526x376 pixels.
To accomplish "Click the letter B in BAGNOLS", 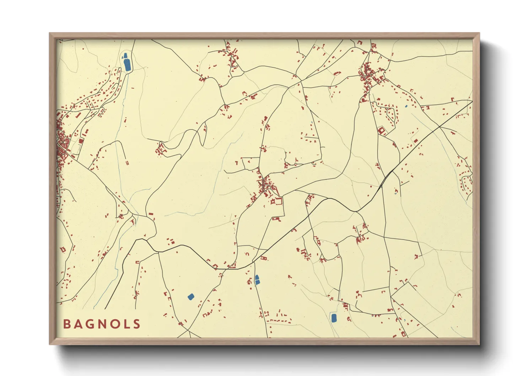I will pos(66,324).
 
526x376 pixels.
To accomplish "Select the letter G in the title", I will pos(89,324).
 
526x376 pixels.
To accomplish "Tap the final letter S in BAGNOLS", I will pos(136,324).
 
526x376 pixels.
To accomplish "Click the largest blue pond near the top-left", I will pos(127,65).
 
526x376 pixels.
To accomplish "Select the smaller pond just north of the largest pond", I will pos(125,55).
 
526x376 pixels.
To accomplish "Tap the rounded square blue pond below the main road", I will pos(191,296).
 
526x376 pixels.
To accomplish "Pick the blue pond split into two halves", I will pos(257,280).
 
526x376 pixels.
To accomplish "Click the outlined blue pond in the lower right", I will pos(334,317).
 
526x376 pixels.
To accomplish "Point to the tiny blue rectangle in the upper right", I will pos(406,106).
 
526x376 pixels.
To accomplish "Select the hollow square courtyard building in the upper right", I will pos(382,131).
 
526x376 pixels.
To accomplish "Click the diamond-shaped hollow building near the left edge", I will pos(63,249).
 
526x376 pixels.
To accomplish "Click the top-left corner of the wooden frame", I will pos(50,33).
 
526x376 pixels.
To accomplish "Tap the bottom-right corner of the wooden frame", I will pos(479,344).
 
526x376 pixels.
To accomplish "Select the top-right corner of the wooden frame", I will pos(479,33).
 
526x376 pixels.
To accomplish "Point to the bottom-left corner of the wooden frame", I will pos(50,344).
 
